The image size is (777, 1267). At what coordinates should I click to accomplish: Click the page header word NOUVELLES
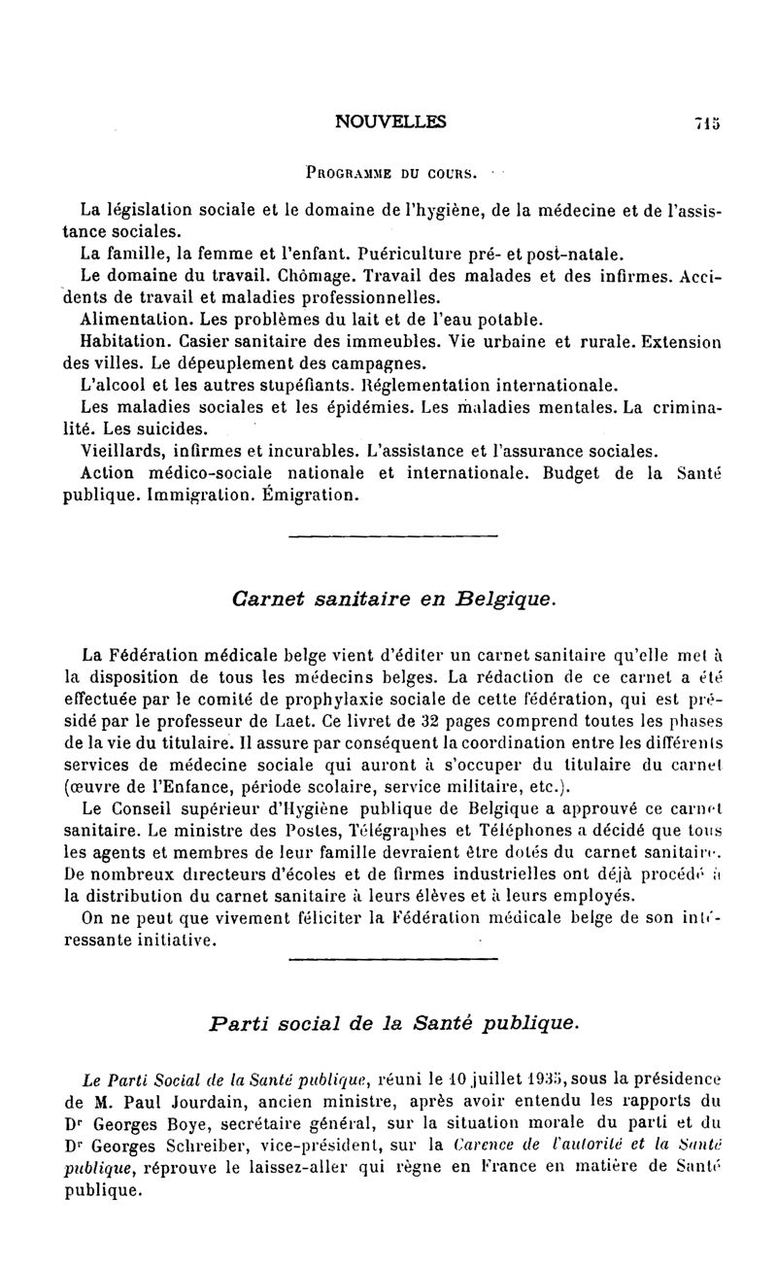tap(390, 121)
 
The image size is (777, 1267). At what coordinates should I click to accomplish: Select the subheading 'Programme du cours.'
tap(391, 174)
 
